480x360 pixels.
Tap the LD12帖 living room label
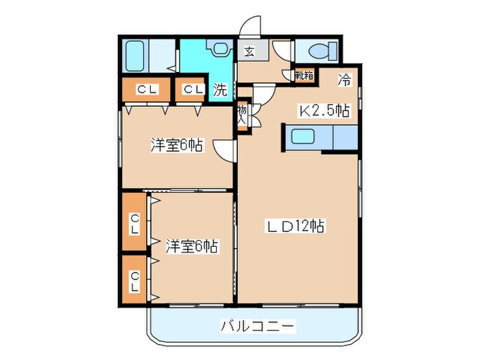[x=296, y=226]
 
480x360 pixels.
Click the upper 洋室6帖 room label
[x=177, y=145]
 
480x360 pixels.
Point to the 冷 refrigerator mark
[x=345, y=80]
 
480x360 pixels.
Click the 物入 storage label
[x=243, y=113]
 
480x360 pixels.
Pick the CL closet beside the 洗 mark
[x=192, y=89]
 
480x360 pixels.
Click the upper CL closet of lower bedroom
[x=135, y=223]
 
